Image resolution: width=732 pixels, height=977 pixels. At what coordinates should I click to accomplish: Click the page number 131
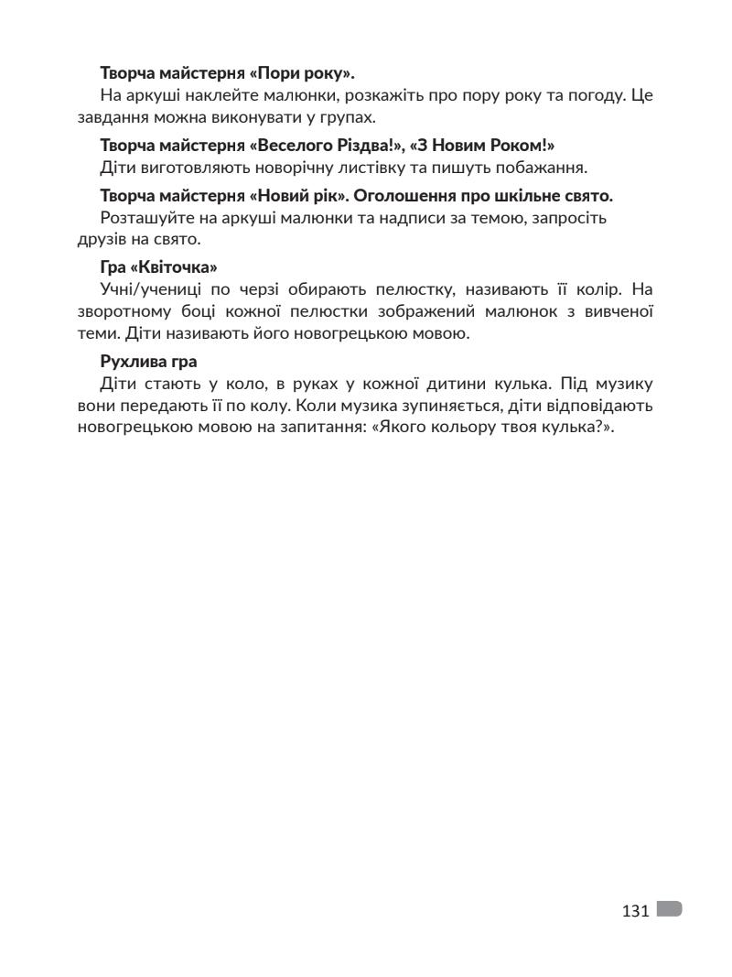click(635, 910)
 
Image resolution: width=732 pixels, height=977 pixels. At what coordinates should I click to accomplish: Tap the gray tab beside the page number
click(670, 909)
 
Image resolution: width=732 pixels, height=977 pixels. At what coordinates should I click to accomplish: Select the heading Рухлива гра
click(148, 361)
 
